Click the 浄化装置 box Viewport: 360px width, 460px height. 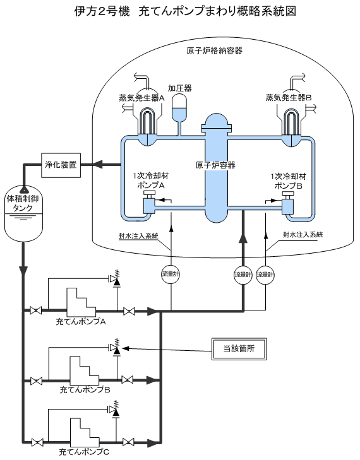coord(61,165)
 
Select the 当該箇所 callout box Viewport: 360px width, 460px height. coord(239,348)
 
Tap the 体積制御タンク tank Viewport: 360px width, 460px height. coord(23,215)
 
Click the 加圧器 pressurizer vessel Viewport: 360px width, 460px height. coord(180,108)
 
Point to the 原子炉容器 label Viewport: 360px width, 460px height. coord(215,165)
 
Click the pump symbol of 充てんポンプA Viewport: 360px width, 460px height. coord(81,302)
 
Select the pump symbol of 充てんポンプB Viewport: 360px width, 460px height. coord(84,370)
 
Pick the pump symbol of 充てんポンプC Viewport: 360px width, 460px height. coord(84,432)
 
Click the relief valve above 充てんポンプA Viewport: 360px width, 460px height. coord(115,279)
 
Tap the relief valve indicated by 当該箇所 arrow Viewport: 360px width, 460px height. coord(116,348)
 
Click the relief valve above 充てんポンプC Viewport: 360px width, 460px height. coord(115,410)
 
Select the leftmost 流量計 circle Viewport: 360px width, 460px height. coord(171,274)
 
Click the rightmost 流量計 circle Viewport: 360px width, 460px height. coord(265,275)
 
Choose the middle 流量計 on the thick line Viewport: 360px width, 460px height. coord(243,275)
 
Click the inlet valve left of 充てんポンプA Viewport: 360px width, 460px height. coord(36,310)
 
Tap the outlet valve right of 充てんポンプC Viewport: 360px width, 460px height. coord(129,442)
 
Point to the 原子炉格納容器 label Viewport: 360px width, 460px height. coord(215,50)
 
